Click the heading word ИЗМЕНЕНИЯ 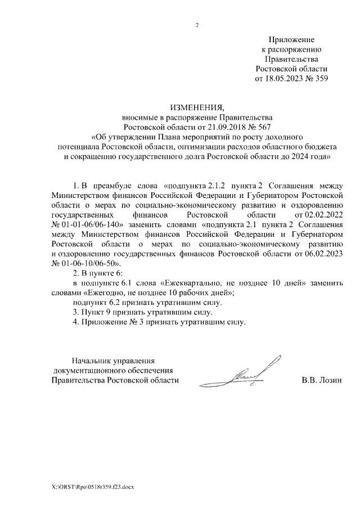[x=196, y=107]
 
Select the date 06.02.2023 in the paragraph [x=322, y=253]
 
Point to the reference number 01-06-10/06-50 [x=91, y=263]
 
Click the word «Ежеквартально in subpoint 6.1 [x=186, y=283]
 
